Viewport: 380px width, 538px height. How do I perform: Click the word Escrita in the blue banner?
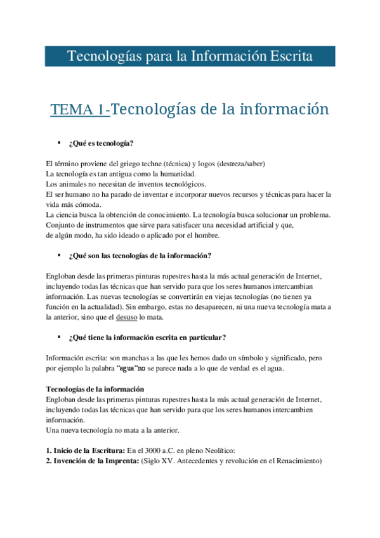[x=289, y=56]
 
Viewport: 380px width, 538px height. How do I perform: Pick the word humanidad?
[x=176, y=173]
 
